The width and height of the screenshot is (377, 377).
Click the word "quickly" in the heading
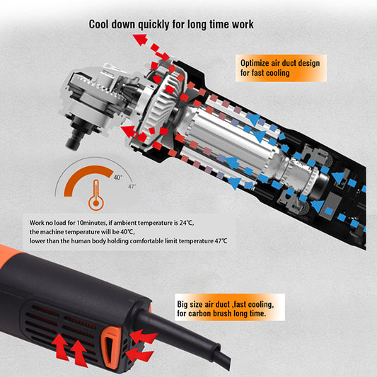pos(153,25)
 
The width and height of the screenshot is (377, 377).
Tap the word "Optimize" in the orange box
pos(255,63)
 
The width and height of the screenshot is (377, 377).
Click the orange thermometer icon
pos(96,195)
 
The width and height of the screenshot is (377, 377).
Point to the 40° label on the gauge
pos(117,178)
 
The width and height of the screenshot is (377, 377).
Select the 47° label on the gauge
pos(132,186)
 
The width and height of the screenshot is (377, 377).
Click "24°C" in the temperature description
pos(187,223)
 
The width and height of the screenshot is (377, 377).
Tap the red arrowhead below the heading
pos(140,40)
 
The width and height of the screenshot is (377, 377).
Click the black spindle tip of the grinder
pos(74,142)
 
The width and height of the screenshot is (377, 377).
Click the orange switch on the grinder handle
pos(110,346)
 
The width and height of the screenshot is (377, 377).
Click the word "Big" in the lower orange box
pos(182,305)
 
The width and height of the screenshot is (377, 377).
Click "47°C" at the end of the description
pos(221,241)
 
